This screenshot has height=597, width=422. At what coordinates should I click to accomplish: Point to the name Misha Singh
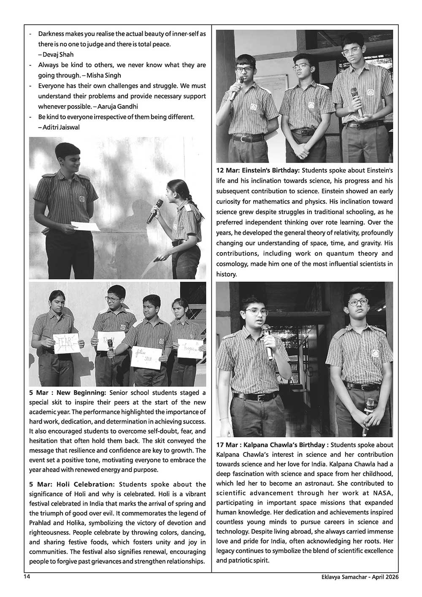104,75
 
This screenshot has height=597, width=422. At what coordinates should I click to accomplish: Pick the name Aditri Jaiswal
61,127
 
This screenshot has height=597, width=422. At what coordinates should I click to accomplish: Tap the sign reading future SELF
147,357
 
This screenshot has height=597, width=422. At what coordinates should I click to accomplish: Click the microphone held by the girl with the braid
154,212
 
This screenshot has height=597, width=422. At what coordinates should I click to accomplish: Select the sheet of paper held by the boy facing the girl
85,226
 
